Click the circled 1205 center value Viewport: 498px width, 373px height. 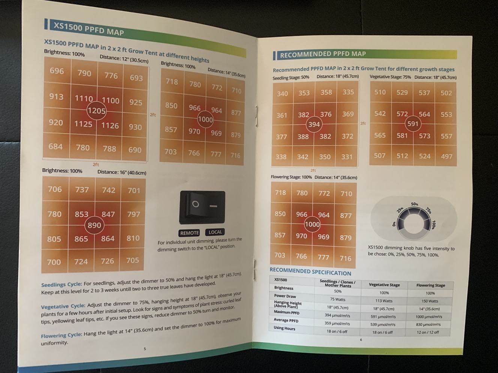click(97, 111)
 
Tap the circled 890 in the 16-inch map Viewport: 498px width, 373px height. click(94, 225)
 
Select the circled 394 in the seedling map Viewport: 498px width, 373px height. click(314, 124)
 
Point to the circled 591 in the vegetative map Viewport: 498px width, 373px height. click(413, 124)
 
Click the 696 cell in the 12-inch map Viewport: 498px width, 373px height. click(57, 71)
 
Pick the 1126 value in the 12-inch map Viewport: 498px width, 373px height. click(110, 125)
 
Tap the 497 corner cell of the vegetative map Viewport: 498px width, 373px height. click(447, 156)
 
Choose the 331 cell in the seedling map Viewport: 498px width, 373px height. click(346, 157)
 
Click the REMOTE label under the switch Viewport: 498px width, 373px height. click(189, 233)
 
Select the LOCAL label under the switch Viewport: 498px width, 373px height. click(215, 232)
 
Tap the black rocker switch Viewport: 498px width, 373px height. click(202, 207)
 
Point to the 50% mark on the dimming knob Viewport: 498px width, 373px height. click(414, 204)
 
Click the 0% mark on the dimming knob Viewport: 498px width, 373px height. click(394, 224)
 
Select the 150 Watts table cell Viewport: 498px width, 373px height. click(430, 301)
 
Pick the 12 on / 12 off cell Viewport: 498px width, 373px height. click(428, 332)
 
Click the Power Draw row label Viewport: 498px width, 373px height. click(285, 296)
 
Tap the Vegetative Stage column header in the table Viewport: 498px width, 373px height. click(384, 285)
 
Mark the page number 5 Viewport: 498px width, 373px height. click(145, 349)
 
